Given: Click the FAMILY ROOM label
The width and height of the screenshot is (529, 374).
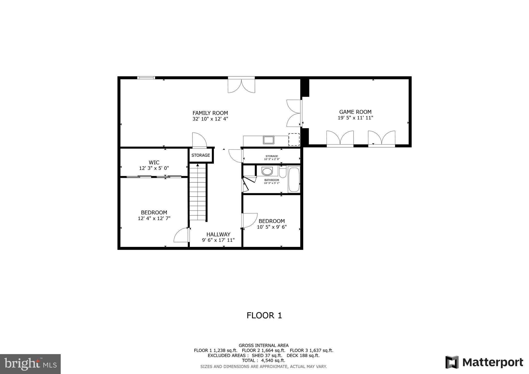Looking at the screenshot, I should coord(210,113).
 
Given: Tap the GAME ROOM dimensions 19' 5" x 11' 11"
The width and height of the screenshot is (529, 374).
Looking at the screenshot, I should coord(355,118).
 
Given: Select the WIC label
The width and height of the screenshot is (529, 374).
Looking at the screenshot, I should coord(154,162).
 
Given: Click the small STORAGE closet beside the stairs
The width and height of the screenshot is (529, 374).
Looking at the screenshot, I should coord(201,155).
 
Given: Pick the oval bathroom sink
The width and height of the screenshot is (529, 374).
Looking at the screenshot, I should coord(267,171).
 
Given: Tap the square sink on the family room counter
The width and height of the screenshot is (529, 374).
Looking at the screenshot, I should coord(268,140).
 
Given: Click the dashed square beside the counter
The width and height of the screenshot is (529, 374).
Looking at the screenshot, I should coord(294,139).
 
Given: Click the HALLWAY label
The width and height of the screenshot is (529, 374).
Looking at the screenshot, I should coord(218,235).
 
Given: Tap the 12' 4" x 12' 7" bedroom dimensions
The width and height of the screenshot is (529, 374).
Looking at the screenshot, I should coord(154,219).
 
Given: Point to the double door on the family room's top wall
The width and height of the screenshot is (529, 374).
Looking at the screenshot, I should coord(241,85).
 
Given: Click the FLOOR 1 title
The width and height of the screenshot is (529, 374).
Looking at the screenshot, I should coord(264,315).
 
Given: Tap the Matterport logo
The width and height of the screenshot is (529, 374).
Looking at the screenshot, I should coord(484,362).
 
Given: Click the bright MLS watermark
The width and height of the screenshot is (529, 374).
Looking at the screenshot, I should coord(30,364).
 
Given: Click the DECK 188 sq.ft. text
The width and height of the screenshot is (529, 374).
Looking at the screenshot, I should coord(303,355).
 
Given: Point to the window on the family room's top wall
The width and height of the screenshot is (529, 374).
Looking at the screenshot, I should coord(146,77).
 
